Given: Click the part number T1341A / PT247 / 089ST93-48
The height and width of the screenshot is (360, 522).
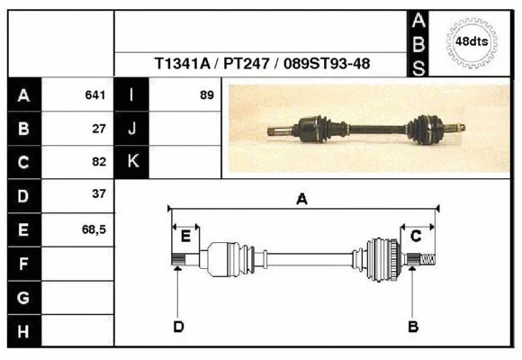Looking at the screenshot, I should pyautogui.click(x=263, y=64).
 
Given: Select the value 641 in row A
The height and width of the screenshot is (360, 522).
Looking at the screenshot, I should pyautogui.click(x=97, y=95).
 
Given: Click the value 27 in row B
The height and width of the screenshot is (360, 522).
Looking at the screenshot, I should pyautogui.click(x=100, y=129).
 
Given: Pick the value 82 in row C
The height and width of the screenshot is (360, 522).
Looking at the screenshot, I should pyautogui.click(x=100, y=162).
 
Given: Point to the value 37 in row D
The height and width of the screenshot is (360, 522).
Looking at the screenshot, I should pyautogui.click(x=100, y=194).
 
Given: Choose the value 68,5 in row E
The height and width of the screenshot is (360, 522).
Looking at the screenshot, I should pyautogui.click(x=94, y=229).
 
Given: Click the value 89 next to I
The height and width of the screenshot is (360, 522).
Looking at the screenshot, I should pyautogui.click(x=207, y=95).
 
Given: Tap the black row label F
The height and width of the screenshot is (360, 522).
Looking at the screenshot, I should pyautogui.click(x=23, y=264).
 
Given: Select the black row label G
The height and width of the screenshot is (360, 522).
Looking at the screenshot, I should pyautogui.click(x=23, y=297).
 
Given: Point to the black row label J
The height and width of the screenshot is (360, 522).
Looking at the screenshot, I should pyautogui.click(x=132, y=129).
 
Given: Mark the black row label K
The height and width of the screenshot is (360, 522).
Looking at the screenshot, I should pyautogui.click(x=132, y=162).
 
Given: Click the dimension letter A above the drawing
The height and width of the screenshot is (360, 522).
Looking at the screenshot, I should pyautogui.click(x=302, y=200).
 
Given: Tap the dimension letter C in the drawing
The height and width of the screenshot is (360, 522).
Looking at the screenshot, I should pyautogui.click(x=416, y=236).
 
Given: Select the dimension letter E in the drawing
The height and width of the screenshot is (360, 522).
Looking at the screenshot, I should pyautogui.click(x=185, y=237).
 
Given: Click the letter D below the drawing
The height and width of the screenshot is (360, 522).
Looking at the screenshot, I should pyautogui.click(x=178, y=326).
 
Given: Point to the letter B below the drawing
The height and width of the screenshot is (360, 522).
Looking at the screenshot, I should pyautogui.click(x=414, y=326).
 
